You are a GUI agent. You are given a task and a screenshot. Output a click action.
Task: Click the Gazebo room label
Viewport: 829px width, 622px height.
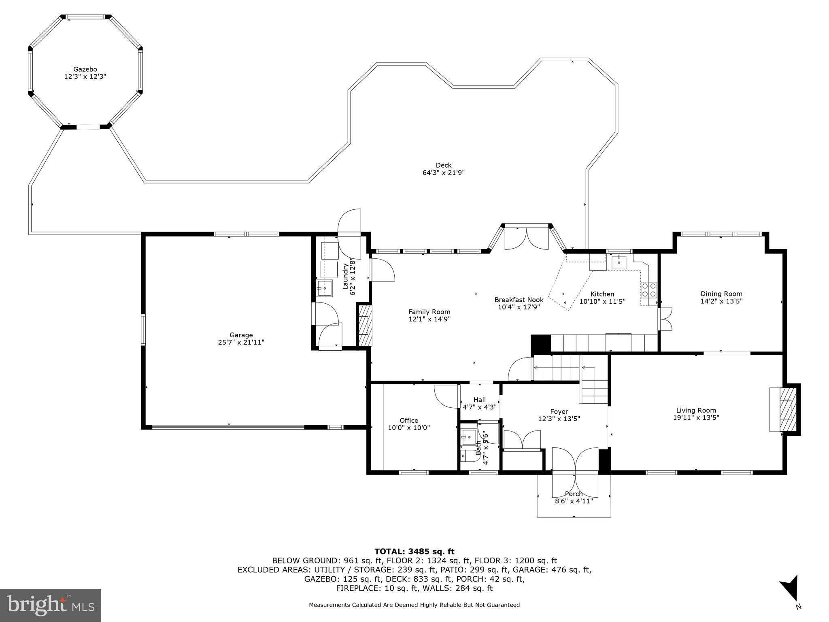click(85, 69)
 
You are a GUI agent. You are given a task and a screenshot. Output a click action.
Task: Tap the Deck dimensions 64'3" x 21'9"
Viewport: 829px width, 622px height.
click(444, 173)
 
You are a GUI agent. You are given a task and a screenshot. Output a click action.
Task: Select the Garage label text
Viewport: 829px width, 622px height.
click(241, 335)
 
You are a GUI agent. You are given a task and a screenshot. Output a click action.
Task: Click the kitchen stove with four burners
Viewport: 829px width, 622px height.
click(649, 290)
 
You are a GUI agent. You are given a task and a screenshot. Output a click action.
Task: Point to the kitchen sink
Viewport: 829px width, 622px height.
click(619, 262)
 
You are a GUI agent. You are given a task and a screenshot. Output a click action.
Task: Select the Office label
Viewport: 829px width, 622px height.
click(409, 420)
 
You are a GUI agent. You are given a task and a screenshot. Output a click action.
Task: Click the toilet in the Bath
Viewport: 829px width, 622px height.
click(466, 455)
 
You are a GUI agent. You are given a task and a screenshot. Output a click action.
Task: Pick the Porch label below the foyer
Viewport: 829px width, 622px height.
click(574, 494)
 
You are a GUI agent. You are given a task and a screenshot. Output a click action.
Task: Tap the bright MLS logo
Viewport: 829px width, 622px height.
click(51, 605)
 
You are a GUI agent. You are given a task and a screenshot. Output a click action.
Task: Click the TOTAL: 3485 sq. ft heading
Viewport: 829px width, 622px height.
click(414, 551)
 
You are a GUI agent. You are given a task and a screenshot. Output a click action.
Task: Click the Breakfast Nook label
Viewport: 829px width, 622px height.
click(519, 300)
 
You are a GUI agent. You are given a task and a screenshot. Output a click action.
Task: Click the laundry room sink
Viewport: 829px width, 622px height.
click(325, 288)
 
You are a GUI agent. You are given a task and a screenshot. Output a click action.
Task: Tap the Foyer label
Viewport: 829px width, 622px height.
click(559, 411)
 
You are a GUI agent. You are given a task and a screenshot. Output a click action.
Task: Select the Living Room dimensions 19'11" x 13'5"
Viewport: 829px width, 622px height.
click(696, 418)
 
